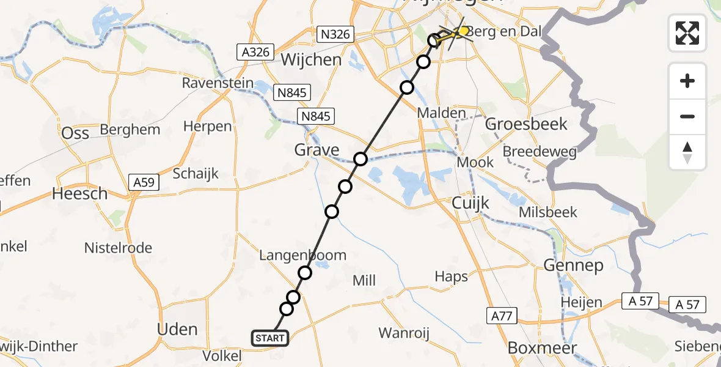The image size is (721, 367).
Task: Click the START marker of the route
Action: point(269,338)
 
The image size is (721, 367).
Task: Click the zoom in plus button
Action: point(687,81)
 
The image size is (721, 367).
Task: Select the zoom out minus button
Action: point(687,116)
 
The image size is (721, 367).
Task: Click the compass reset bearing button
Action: point(687,152)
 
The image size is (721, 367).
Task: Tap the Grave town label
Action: point(317,150)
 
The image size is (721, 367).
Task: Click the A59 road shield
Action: point(144,182)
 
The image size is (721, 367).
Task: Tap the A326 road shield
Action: point(255,52)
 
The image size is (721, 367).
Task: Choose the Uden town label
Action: point(177,329)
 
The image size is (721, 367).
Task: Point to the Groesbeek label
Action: point(526,124)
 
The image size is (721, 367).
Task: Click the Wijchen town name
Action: point(311,60)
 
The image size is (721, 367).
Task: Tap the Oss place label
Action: point(75,133)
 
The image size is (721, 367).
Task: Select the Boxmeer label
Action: point(542,348)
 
